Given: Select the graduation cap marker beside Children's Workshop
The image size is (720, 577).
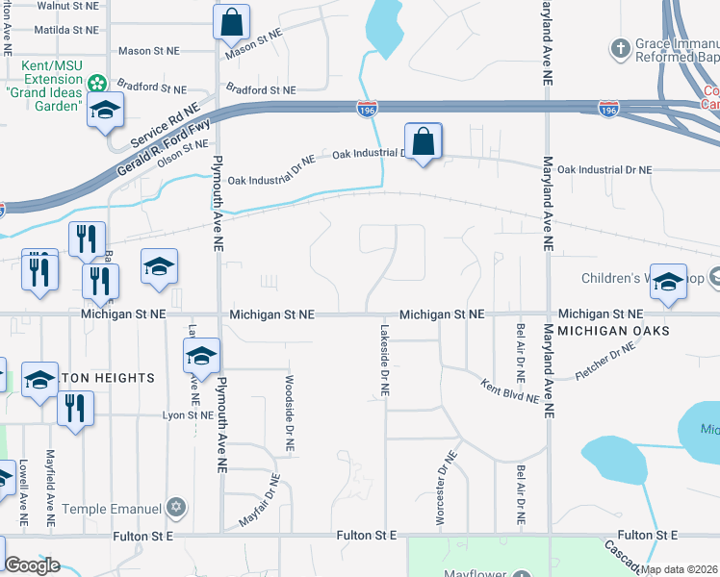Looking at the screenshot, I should click(x=669, y=281).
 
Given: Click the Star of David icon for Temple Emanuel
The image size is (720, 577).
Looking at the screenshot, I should click(x=175, y=507).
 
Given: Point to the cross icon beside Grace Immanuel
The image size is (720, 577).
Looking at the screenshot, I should click(x=622, y=46).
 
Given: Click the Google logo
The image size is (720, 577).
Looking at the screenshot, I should click(x=32, y=565).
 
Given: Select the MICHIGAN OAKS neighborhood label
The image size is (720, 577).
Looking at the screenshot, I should click(x=613, y=331).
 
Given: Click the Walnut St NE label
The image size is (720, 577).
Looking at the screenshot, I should click(x=69, y=5).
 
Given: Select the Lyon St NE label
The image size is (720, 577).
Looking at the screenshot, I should click(x=187, y=414).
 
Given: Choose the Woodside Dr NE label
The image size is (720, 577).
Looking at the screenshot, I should click(x=289, y=414).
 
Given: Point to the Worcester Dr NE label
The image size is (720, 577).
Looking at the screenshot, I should click(x=446, y=490).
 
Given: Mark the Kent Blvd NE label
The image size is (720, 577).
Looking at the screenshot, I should click(x=509, y=389).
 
